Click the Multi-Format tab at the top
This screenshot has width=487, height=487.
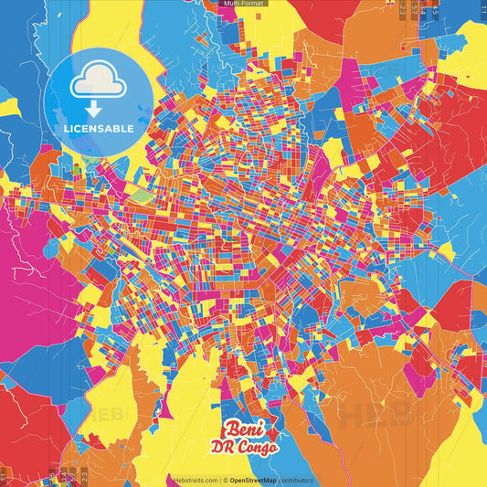coord(243,4)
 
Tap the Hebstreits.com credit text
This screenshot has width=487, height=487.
coord(195,480)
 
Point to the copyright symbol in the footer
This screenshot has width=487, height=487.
coord(224,480)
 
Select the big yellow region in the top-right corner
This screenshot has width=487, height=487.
coord(471,46)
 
